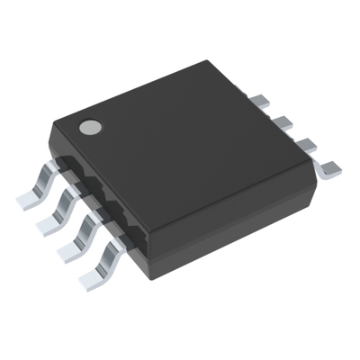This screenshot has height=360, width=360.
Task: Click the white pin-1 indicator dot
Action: [89, 128]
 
